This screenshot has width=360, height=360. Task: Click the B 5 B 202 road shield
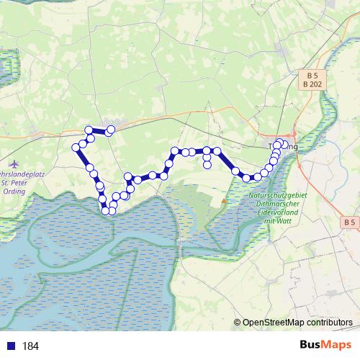point(312,79)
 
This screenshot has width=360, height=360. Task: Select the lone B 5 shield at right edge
point(350,222)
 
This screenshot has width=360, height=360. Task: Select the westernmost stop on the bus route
point(75,148)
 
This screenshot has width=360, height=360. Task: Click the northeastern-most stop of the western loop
point(111,130)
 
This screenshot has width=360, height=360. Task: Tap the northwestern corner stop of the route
point(89,130)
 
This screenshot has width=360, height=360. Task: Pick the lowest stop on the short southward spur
point(207,164)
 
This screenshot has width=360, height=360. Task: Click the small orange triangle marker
point(224,201)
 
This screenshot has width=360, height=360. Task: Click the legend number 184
point(30,346)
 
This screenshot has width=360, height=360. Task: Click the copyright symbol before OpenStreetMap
point(237,323)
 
